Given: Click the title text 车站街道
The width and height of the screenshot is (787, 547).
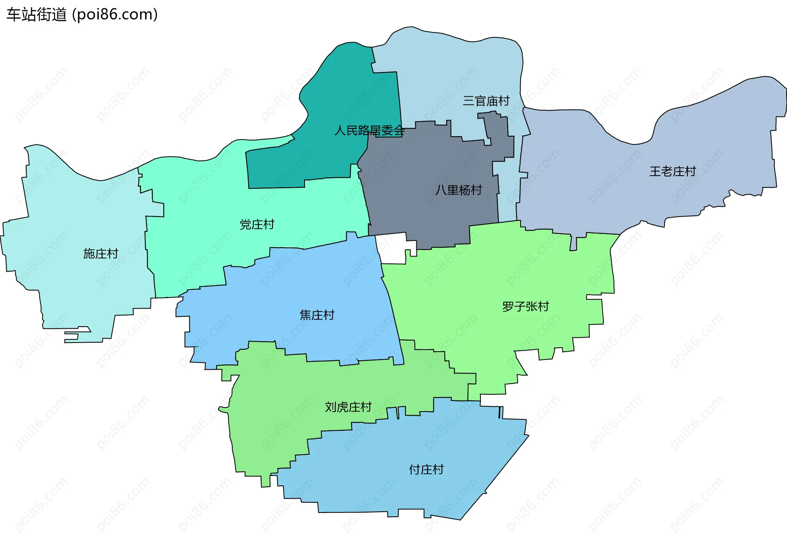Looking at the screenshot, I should pos(36,15).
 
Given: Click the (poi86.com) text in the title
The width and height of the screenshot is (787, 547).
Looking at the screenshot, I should pos(115,15).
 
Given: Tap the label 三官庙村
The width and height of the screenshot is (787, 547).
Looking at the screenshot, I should pos(486,101).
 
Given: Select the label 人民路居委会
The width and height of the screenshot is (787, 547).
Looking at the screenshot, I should pos(369,130).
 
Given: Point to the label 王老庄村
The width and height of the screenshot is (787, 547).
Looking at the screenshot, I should pos(673,171).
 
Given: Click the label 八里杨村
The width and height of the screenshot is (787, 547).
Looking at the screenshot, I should pos(459,190).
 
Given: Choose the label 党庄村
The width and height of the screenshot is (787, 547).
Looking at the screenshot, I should pos(257,224).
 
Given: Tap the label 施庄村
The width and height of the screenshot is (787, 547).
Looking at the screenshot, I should pos(101,254).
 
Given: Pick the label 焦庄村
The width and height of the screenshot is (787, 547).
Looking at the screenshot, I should pos(317,315).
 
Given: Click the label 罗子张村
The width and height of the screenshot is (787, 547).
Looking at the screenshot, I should pos(525,307).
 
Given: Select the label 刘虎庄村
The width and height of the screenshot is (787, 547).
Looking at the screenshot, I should pos(348,407).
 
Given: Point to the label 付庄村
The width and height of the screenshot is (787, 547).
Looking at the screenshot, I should pos(426,469).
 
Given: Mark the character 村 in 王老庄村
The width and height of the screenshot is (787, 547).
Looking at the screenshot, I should pos(691,171).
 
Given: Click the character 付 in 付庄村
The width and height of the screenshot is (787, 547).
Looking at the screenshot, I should pos(415,469).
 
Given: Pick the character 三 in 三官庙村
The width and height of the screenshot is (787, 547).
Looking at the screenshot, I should pos(469,101).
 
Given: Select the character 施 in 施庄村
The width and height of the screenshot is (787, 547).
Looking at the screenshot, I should pos(89,254).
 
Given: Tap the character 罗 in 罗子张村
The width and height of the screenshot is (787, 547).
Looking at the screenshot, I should pos(508,307).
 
